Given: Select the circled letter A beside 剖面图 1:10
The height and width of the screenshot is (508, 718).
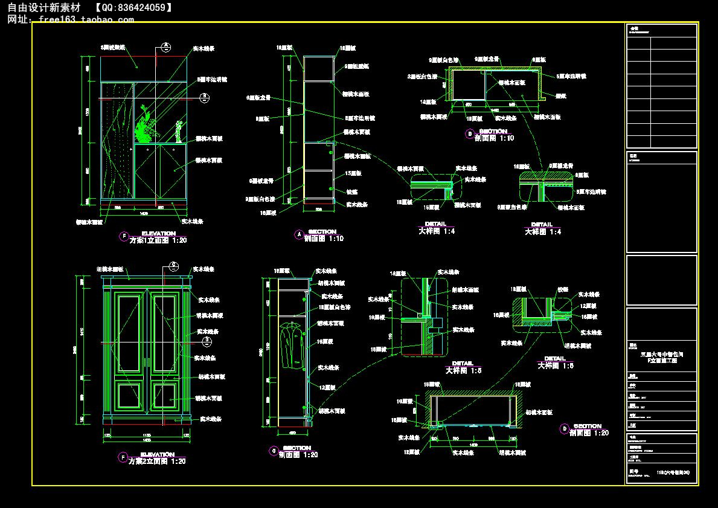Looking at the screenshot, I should coord(298,234).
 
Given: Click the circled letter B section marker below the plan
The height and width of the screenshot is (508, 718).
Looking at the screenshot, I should coord(469,134).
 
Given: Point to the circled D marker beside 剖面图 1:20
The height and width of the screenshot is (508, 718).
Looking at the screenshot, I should coord(565,429).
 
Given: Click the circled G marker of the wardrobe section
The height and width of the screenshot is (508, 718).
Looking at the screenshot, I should coord(274,451).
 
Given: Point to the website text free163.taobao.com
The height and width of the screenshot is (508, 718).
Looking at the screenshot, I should coord(86,19).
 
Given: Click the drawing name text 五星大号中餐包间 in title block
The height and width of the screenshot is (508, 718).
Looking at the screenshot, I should coord(661,354).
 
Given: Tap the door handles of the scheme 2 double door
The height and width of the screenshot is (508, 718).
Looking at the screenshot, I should coord(147,363).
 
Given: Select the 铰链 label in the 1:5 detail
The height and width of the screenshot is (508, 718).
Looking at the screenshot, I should coord(562,289).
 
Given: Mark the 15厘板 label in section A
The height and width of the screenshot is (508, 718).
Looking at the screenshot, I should coord(353,173).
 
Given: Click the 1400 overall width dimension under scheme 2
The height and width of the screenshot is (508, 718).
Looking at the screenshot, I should coord(146,442).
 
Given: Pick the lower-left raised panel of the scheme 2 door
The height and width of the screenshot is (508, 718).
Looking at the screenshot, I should coord(130,396).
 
